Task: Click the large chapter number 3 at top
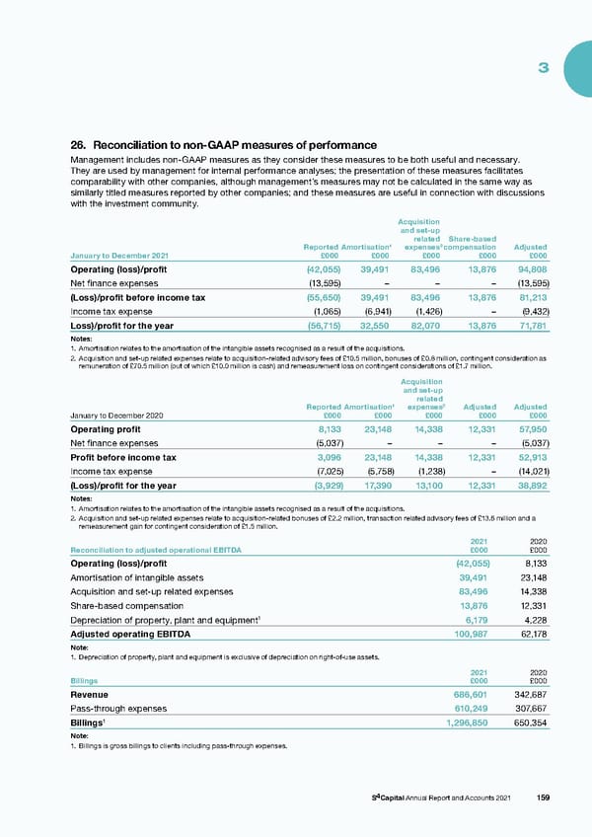543,68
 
